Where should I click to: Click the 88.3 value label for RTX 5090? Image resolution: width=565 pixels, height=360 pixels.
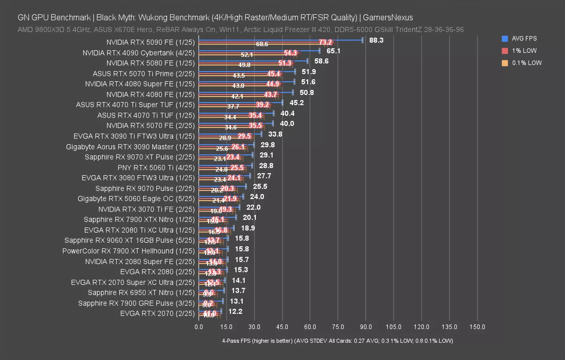coord(376,40)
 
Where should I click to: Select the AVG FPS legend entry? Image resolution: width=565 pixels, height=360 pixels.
coord(524,39)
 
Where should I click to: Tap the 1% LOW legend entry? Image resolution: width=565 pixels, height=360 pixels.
coord(524,51)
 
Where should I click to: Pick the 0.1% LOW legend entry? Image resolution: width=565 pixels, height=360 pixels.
coord(526,63)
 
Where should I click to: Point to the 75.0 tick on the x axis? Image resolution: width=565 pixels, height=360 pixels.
coord(338,327)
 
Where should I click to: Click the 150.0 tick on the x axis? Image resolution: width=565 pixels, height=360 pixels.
coord(477,327)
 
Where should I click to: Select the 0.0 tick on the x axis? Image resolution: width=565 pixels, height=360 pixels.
coord(199,327)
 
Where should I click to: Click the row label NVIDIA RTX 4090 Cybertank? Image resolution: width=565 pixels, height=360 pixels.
coord(138,53)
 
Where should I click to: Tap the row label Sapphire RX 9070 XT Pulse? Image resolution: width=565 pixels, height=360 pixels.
coord(140,157)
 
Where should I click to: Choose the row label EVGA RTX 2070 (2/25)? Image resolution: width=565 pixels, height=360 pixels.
coord(157,314)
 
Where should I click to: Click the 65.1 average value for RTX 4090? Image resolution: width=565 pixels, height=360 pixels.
coord(333,51)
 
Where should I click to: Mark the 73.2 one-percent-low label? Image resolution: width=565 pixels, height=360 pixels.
coord(325,42)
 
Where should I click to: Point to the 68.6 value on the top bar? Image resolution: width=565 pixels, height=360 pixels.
coord(262,44)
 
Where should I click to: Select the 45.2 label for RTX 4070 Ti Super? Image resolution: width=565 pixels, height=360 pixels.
coord(296,103)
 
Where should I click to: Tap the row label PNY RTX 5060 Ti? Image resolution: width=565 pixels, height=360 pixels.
coord(156,168)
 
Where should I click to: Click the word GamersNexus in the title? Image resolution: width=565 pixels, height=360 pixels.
coord(387,18)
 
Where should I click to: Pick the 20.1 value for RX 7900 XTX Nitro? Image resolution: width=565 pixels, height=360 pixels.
coord(250,218)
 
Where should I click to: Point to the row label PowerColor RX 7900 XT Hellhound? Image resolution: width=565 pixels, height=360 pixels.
coord(128,251)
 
